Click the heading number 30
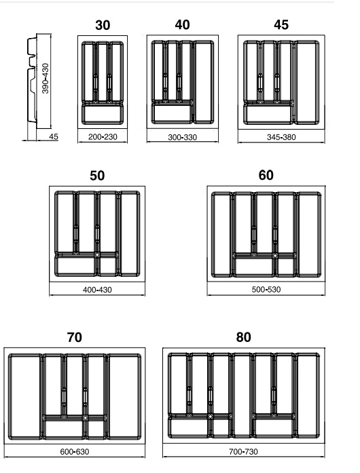[103, 25]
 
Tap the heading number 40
[183, 24]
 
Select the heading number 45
[281, 24]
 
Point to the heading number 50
[97, 176]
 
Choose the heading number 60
[266, 175]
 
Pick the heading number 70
[74, 337]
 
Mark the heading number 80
[243, 337]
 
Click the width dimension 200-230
[103, 137]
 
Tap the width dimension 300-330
[183, 137]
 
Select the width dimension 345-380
[281, 137]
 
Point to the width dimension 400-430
[97, 290]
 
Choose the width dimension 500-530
[266, 290]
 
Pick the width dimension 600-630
[75, 452]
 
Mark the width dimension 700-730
[243, 452]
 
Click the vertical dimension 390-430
[46, 79]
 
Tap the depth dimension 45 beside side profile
[54, 136]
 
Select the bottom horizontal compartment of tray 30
[103, 114]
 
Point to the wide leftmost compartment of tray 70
[24, 396]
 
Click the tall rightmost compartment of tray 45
[306, 83]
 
